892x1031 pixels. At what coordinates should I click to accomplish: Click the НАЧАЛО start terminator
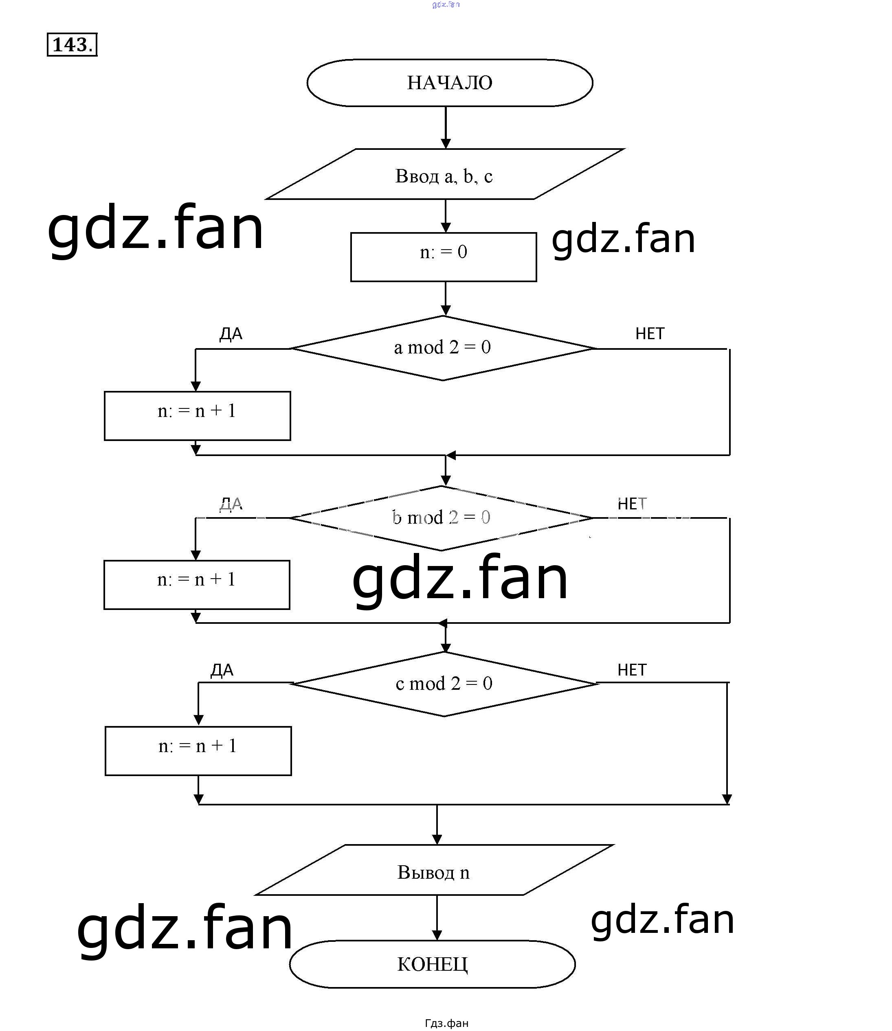tap(450, 83)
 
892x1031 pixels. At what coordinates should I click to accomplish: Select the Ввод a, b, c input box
tap(444, 175)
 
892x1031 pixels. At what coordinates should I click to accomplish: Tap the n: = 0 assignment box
tap(444, 257)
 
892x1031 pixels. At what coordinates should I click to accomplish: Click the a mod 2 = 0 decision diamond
tap(442, 348)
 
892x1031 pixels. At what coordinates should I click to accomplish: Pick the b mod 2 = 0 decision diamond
tap(441, 518)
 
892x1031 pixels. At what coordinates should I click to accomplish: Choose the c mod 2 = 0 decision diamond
tap(444, 684)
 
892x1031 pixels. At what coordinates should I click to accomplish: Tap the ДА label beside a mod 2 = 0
tap(231, 334)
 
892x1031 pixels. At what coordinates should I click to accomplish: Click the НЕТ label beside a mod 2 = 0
tap(650, 333)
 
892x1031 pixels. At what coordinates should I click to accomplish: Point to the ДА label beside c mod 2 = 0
tap(222, 670)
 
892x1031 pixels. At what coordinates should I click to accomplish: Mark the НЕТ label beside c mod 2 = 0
tap(632, 670)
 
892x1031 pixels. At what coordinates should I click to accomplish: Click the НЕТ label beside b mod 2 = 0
tap(632, 504)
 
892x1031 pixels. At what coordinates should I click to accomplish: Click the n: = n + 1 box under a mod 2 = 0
tap(197, 415)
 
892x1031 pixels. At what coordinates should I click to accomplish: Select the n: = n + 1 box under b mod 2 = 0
tap(197, 585)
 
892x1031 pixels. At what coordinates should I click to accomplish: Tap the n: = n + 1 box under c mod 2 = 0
tap(198, 751)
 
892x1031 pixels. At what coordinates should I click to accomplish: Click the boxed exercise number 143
tap(72, 45)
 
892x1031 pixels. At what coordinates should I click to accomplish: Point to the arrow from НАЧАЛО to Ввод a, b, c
tap(446, 127)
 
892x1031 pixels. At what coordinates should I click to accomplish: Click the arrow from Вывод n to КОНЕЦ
tap(437, 917)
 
